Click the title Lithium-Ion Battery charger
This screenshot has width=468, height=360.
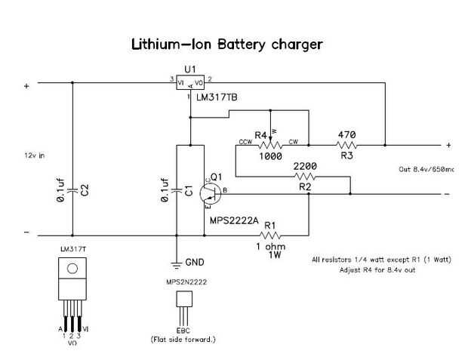[227, 45]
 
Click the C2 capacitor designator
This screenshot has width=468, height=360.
[85, 192]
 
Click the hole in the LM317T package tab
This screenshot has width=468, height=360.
[72, 267]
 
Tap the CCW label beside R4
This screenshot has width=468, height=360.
[245, 142]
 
